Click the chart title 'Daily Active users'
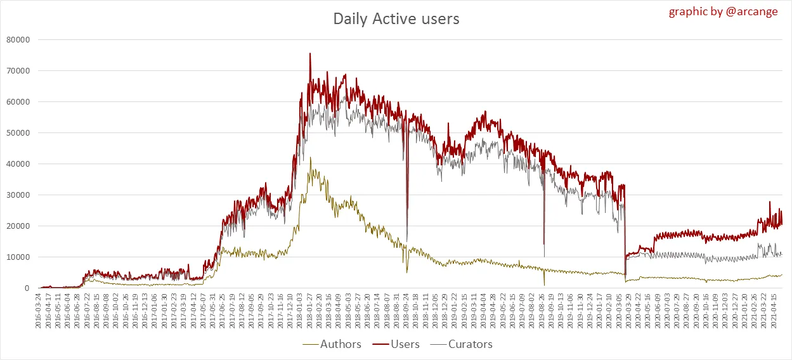[x=396, y=19]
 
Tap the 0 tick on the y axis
[x=27, y=288]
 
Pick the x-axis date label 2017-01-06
[x=154, y=311]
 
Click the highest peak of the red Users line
[x=309, y=54]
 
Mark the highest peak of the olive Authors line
[x=310, y=158]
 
